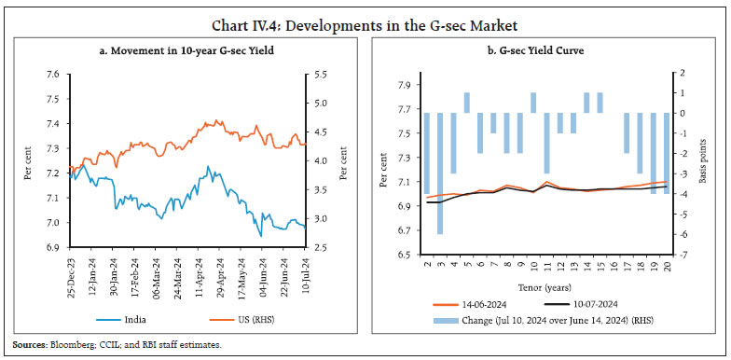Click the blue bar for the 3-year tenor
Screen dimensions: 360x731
pyautogui.click(x=439, y=173)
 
